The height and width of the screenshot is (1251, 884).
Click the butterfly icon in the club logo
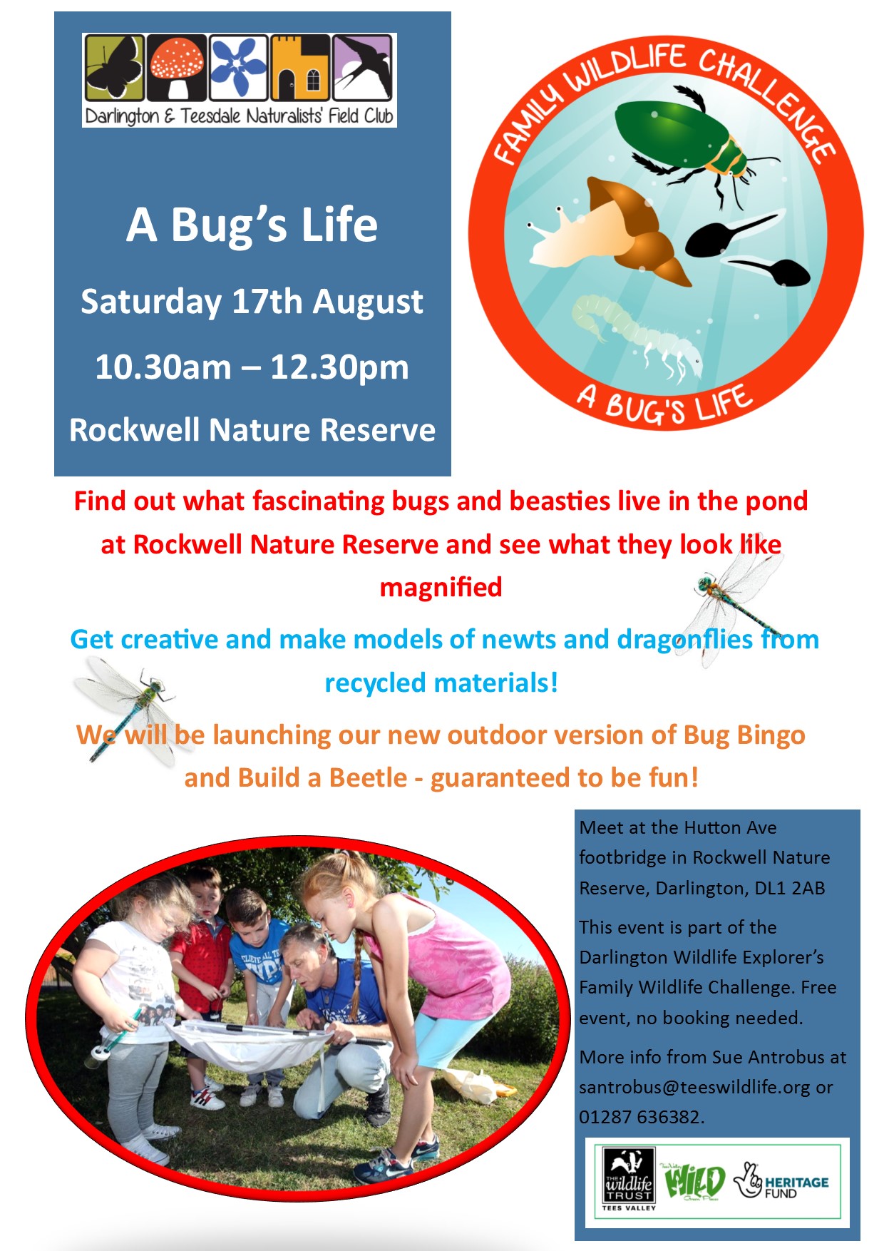click(x=114, y=68)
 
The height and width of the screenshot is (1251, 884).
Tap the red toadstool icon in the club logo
click(x=177, y=68)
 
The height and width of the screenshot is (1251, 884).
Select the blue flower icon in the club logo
click(x=239, y=68)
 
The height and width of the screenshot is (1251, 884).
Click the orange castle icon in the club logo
click(x=301, y=68)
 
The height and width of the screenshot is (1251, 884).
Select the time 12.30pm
click(x=339, y=368)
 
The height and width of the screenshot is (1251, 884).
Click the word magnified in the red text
click(x=441, y=587)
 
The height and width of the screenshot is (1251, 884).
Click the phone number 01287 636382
click(x=640, y=1117)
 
